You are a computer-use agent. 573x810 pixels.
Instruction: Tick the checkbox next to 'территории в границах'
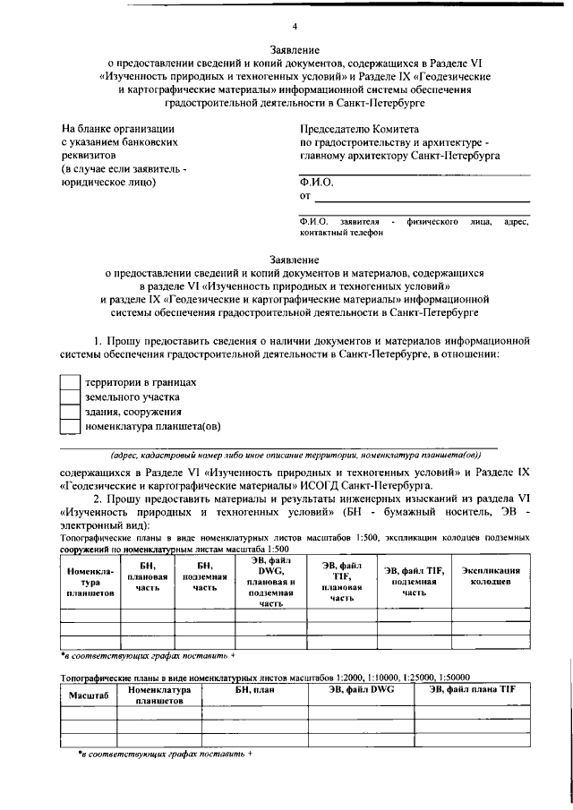(x=71, y=381)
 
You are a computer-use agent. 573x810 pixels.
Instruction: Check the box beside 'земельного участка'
(x=71, y=396)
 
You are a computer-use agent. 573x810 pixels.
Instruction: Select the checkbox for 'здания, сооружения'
(x=71, y=412)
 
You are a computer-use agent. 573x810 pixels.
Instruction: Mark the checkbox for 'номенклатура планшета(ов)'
(x=71, y=427)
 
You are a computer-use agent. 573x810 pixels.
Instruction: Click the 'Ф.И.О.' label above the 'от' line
(x=316, y=182)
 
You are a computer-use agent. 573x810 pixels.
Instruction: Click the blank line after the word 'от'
(x=421, y=197)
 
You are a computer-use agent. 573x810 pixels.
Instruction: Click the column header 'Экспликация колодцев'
(x=489, y=576)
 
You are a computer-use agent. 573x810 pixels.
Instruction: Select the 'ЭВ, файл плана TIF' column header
(x=472, y=690)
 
